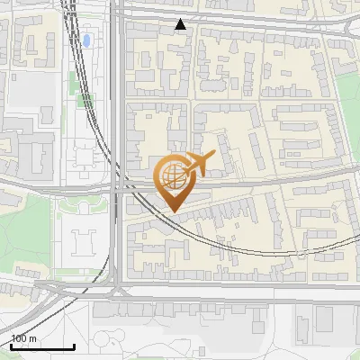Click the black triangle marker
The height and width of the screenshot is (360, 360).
pyautogui.click(x=181, y=24)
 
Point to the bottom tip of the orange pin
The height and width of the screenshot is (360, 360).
pyautogui.click(x=173, y=211)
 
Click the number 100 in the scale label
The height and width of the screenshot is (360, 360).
pyautogui.click(x=19, y=339)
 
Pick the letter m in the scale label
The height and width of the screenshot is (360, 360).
pyautogui.click(x=33, y=339)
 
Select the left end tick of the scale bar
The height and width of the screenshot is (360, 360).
pyautogui.click(x=10, y=346)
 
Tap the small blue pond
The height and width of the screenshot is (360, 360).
pyautogui.click(x=87, y=40)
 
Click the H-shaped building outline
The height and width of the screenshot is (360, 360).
pyautogui.click(x=85, y=240)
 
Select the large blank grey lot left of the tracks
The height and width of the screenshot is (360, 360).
pyautogui.click(x=31, y=90)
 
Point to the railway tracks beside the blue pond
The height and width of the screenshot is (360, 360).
pyautogui.click(x=73, y=40)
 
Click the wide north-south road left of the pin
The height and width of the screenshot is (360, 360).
pyautogui.click(x=118, y=135)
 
